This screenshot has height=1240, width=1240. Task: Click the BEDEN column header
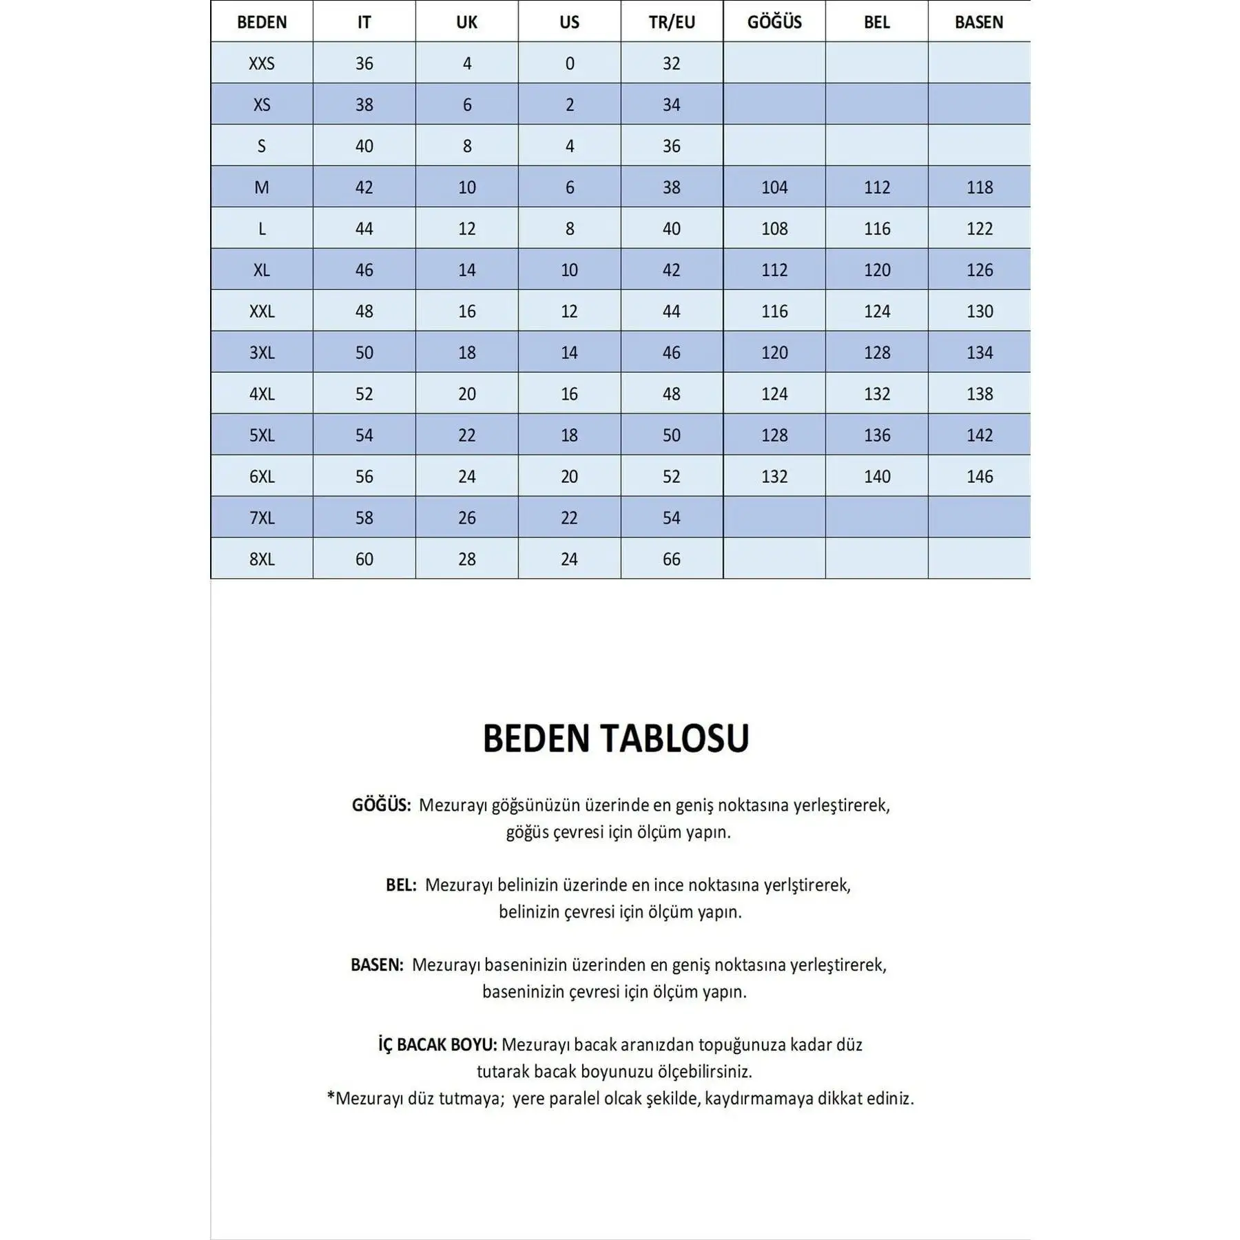[262, 22]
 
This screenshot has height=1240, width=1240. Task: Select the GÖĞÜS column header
[774, 22]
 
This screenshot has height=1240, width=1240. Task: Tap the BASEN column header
[979, 22]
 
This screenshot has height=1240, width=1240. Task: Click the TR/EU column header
[672, 22]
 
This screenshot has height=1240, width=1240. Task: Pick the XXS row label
[262, 63]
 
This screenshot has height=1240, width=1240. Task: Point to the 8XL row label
[262, 559]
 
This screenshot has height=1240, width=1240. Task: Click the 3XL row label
[262, 353]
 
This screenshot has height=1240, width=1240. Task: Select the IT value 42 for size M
[364, 187]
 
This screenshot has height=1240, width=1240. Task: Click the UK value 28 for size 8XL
[467, 559]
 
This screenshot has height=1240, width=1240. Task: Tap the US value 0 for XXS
[570, 63]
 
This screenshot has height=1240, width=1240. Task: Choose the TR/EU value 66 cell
[672, 559]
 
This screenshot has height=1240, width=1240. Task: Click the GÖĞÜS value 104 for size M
[774, 187]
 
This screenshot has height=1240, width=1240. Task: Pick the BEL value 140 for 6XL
[877, 476]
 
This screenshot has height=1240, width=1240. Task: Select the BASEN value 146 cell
[980, 476]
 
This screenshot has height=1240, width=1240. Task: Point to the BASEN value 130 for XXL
[980, 311]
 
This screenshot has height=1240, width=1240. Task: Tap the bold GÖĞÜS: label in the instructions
[381, 805]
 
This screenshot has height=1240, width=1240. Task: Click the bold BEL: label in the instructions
[401, 885]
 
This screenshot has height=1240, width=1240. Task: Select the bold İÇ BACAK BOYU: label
[437, 1045]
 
